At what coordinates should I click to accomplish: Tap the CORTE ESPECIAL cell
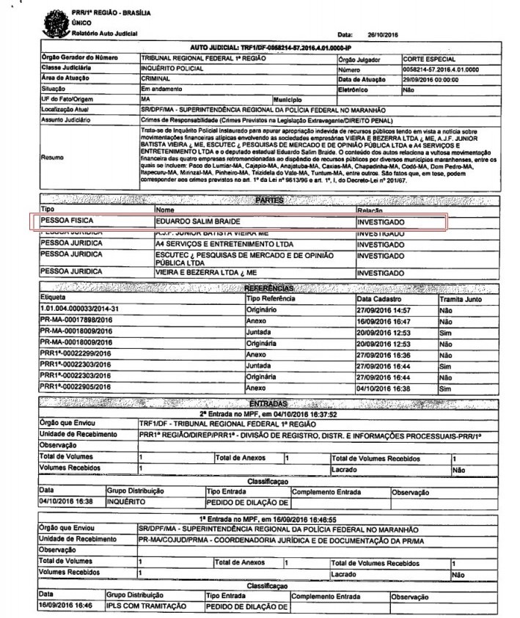click(x=428, y=57)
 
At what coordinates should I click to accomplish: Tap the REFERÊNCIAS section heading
click(x=271, y=288)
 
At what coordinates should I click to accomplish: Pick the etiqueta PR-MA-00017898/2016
click(x=76, y=320)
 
